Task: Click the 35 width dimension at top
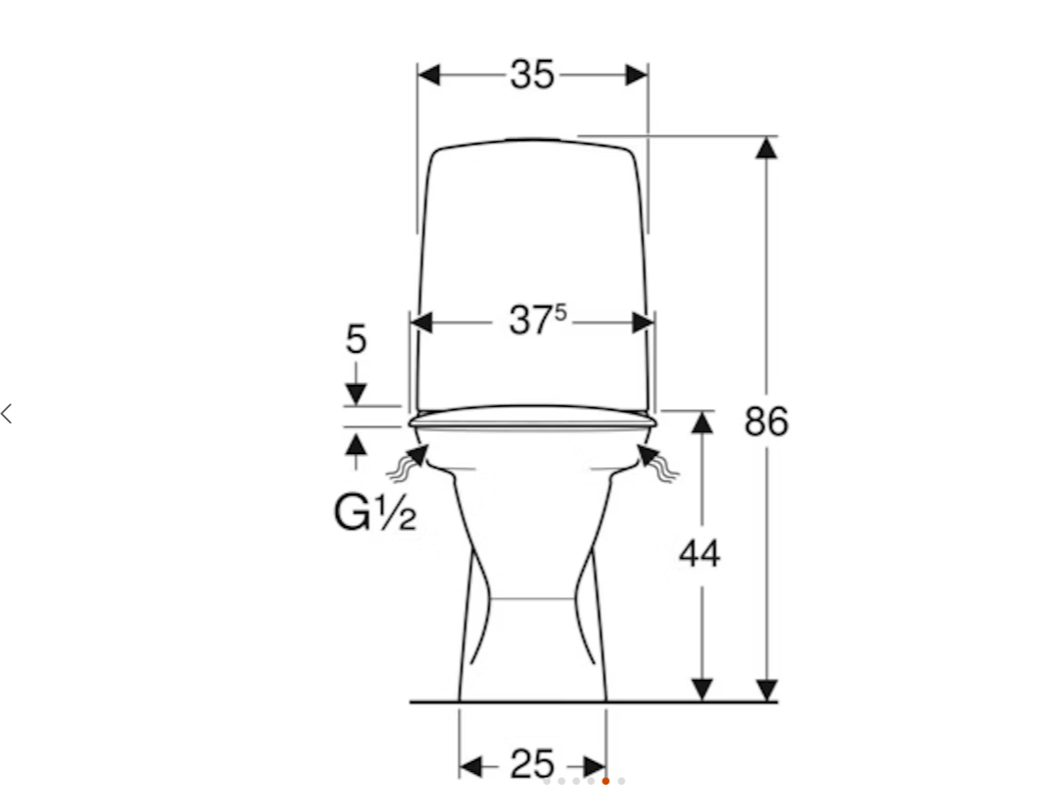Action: [533, 74]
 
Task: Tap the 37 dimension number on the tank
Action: [531, 321]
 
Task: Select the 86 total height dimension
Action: [767, 421]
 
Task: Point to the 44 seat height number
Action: [699, 554]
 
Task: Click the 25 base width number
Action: [533, 765]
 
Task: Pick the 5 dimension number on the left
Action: [356, 339]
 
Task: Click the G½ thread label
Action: [375, 513]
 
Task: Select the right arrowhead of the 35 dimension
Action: [637, 75]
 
